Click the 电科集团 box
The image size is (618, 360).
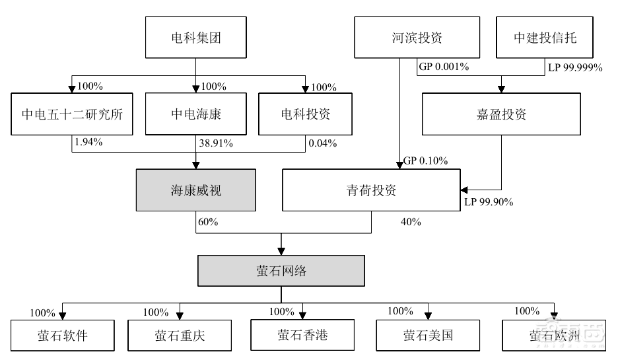(x=195, y=38)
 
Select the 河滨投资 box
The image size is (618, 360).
(x=416, y=38)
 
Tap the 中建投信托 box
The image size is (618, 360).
(x=545, y=38)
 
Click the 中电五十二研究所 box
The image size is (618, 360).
(x=73, y=114)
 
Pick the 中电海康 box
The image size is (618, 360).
(x=196, y=114)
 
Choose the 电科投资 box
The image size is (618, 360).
(x=305, y=114)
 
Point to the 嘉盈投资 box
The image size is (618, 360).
(x=501, y=114)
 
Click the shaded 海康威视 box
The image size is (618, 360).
(x=196, y=191)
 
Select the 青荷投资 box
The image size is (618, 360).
(x=370, y=191)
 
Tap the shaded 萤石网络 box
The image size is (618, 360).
(x=282, y=271)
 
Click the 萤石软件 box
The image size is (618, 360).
(x=63, y=336)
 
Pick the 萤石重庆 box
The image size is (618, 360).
(x=180, y=336)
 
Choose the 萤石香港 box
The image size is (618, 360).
(x=302, y=335)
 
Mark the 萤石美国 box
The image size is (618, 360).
(x=428, y=336)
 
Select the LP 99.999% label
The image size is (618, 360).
(x=575, y=67)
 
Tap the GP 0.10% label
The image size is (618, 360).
(x=425, y=161)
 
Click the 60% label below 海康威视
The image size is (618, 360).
(x=208, y=222)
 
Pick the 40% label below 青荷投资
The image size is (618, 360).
(x=411, y=222)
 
